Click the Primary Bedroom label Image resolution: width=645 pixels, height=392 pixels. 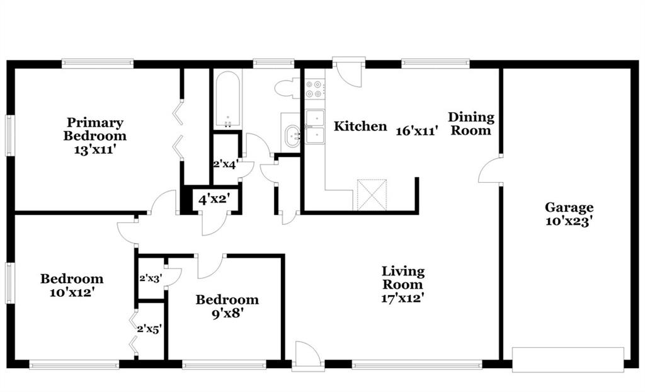click(94, 129)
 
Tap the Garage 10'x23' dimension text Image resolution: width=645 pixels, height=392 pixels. click(569, 221)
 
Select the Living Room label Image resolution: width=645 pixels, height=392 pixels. click(402, 278)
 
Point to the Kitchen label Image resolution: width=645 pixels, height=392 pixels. click(360, 126)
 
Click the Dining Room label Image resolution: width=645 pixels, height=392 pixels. click(471, 124)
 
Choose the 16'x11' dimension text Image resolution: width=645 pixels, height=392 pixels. click(417, 131)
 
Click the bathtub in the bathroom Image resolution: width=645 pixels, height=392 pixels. click(227, 100)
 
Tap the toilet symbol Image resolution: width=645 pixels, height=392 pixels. click(287, 88)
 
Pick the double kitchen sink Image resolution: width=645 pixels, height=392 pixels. click(315, 127)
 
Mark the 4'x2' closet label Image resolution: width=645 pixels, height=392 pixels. click(214, 200)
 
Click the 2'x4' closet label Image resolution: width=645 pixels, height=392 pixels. click(226, 164)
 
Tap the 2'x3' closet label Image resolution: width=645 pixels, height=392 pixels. click(151, 279)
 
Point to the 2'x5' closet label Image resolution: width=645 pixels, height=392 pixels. click(149, 329)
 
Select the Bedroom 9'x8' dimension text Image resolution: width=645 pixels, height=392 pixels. click(227, 314)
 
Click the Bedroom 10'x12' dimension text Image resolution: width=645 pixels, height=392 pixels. click(72, 293)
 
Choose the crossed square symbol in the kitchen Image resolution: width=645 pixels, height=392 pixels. click(372, 195)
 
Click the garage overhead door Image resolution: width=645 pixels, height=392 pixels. click(568, 360)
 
